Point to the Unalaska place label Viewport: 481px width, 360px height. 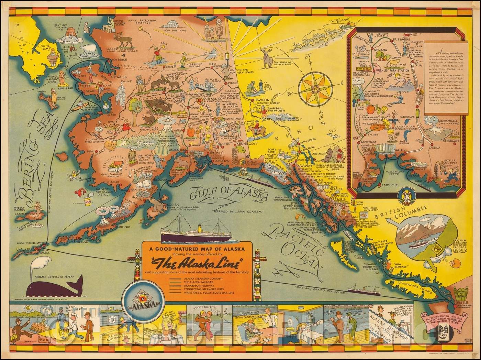[x=22, y=249]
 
